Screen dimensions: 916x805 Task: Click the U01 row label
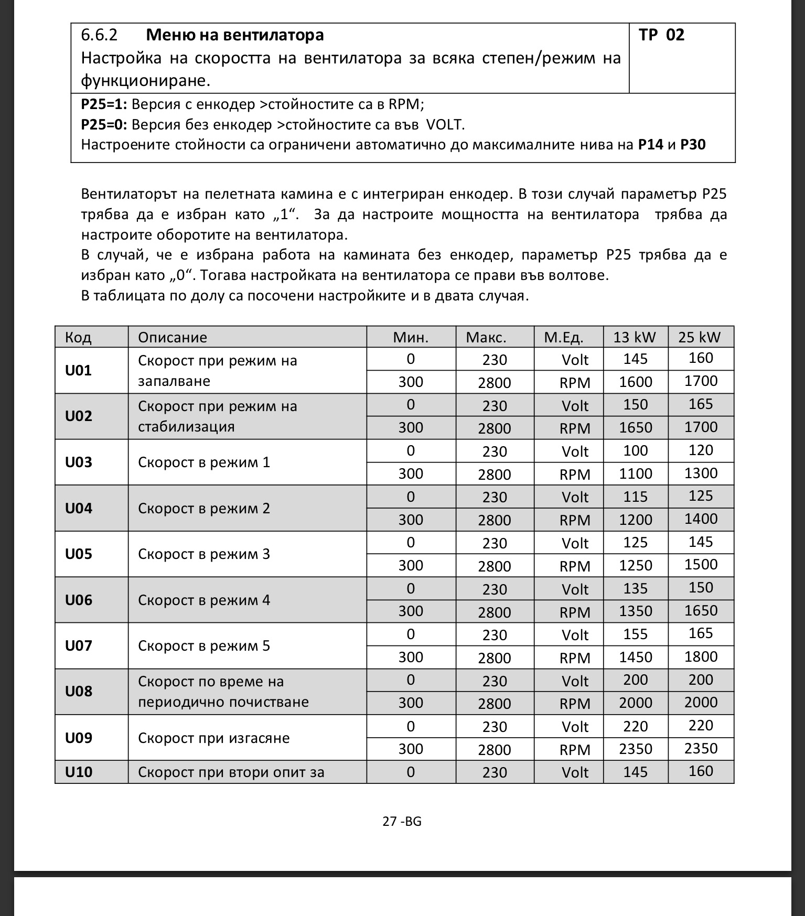78,371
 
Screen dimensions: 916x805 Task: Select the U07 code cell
78,646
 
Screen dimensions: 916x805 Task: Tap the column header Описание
173,337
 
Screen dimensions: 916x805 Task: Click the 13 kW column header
635,337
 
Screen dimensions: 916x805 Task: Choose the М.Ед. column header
564,337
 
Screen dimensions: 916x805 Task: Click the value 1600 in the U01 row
636,382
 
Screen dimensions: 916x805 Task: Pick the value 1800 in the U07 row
701,657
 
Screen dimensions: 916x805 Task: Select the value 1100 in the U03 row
636,474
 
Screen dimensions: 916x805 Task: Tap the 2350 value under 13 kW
636,749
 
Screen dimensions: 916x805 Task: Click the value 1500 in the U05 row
701,565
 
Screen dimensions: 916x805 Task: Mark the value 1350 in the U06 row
636,611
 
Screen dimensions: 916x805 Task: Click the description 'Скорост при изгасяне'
213,738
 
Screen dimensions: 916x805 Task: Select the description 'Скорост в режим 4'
204,600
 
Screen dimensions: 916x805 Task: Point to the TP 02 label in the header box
661,35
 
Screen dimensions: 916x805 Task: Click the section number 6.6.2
99,35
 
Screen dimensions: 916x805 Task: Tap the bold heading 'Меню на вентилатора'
234,35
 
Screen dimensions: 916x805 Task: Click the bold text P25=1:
104,104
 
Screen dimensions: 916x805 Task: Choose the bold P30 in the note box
693,145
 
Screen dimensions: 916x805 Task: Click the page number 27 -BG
402,821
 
